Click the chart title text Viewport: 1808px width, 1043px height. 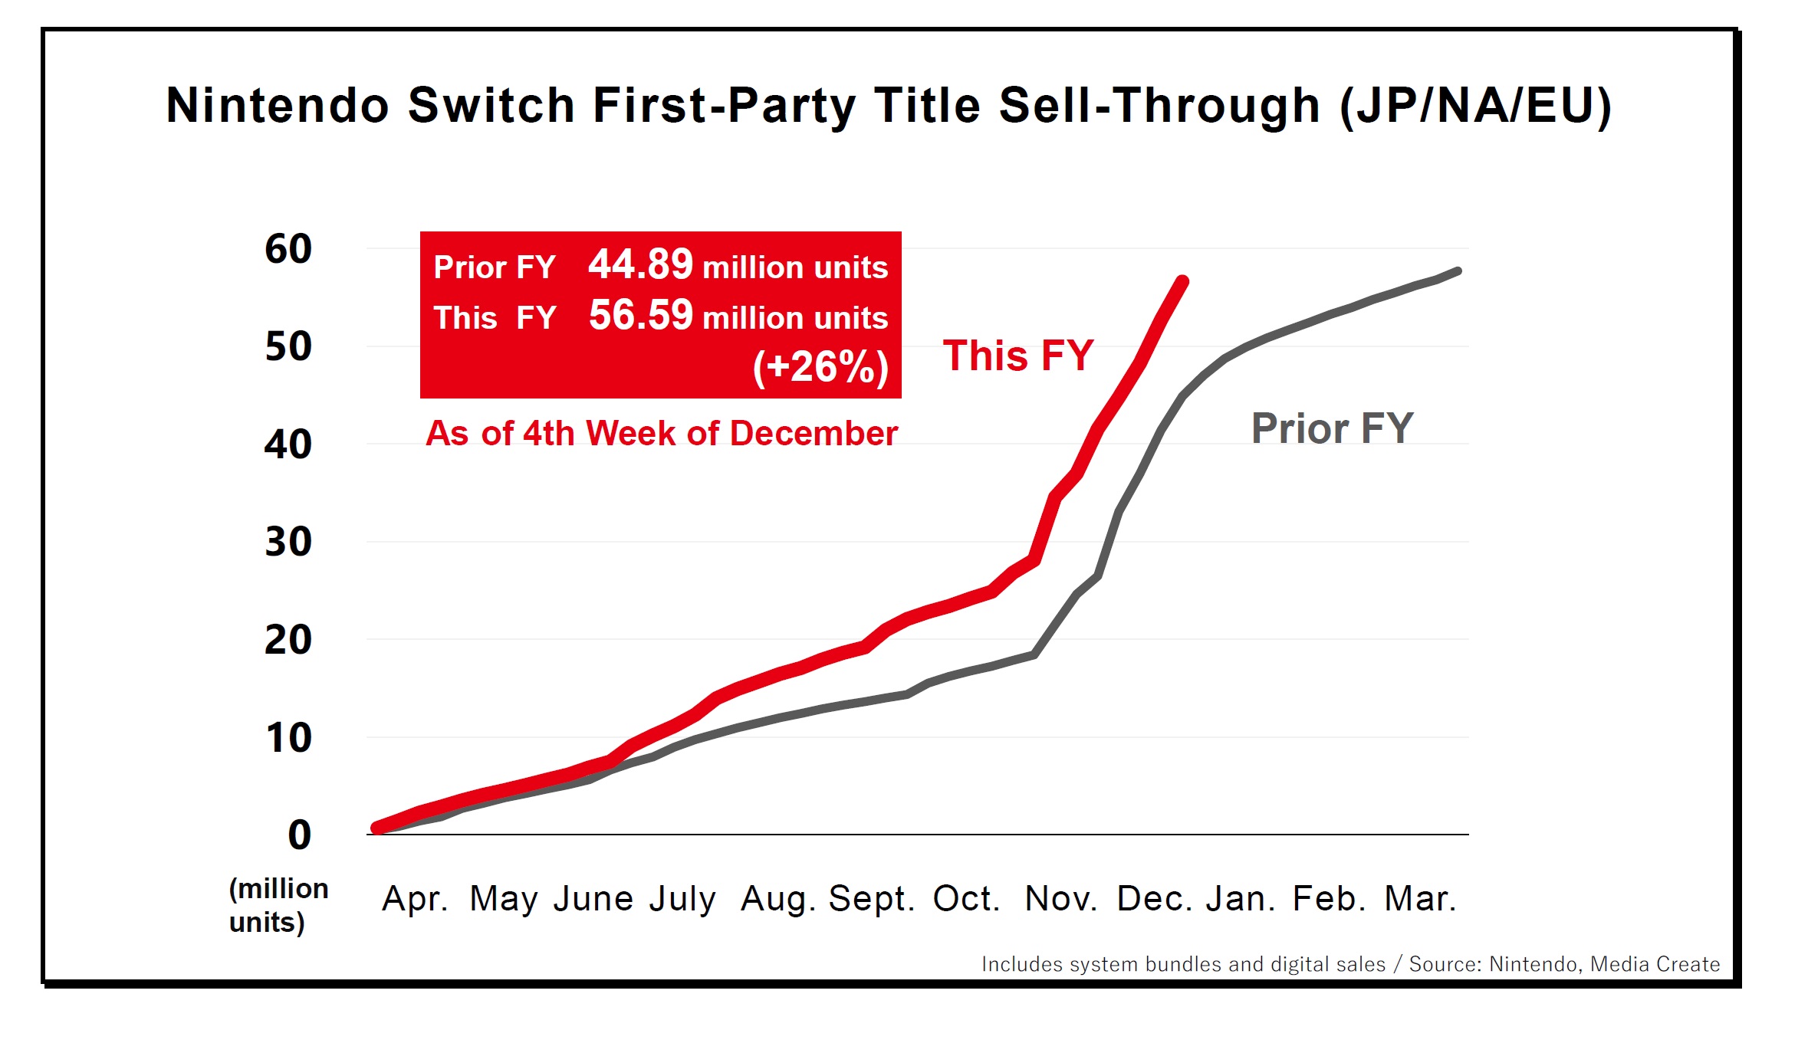[x=889, y=106]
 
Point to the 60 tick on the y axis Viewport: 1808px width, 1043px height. [x=288, y=249]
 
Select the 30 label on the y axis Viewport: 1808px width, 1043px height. [x=288, y=542]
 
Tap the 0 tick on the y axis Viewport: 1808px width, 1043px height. [x=299, y=835]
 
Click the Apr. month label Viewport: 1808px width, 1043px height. [x=415, y=898]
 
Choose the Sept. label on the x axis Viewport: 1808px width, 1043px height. [x=872, y=898]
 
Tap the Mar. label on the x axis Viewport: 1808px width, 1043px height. [x=1420, y=898]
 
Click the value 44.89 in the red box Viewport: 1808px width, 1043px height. [x=640, y=264]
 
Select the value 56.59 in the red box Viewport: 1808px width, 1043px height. [x=640, y=315]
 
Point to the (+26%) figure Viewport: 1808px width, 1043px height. [x=820, y=366]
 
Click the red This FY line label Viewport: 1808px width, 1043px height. [x=1017, y=356]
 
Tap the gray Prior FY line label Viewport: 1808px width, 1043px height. [x=1332, y=428]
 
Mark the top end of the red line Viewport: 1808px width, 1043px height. [x=1183, y=281]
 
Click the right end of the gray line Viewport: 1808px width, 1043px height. [x=1457, y=271]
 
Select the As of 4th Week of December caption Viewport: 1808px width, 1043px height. [x=662, y=434]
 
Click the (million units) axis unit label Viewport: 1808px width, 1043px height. [x=278, y=905]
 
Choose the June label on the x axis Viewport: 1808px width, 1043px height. [x=593, y=898]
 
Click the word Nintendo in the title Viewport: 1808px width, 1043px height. [x=278, y=106]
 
